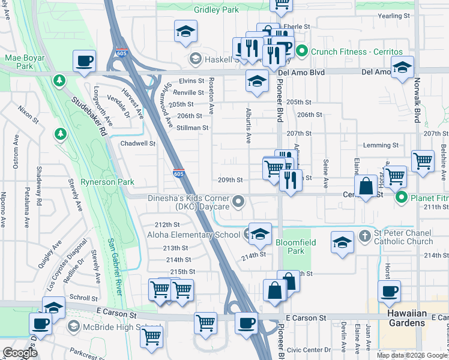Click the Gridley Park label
tap(216, 10)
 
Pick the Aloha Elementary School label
tap(193, 235)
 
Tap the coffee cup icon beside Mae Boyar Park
tap(85, 61)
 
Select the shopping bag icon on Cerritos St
tap(366, 187)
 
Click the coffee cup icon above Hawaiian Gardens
tap(389, 292)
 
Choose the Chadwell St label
tap(138, 144)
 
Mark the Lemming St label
tap(381, 145)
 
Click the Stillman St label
tap(192, 128)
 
